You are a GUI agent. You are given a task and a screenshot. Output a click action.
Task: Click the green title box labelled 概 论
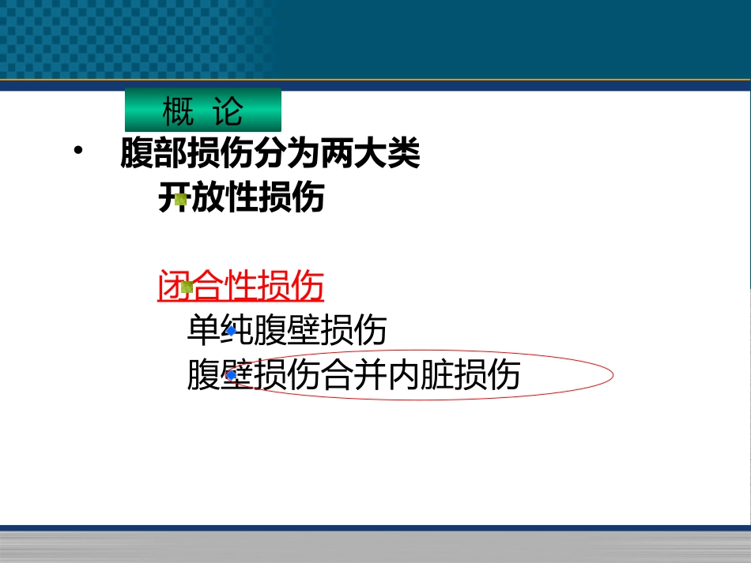pos(203,111)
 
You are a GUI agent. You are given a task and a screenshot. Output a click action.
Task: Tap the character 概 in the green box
pos(178,112)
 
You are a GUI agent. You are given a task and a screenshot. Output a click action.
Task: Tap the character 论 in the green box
pos(228,112)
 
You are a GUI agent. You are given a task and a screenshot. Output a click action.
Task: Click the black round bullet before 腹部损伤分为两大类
pos(77,152)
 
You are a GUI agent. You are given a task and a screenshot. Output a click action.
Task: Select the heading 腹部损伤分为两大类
pos(270,154)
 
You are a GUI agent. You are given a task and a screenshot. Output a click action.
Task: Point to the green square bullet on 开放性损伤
pos(181,200)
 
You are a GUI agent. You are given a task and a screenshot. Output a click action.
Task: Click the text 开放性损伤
pos(241,197)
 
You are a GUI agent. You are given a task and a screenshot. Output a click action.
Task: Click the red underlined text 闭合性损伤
pos(241,286)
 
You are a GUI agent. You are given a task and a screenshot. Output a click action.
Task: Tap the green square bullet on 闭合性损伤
pos(187,287)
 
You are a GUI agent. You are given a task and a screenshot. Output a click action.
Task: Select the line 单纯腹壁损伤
pos(286,330)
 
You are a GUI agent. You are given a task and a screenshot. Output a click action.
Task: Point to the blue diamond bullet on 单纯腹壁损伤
pos(231,331)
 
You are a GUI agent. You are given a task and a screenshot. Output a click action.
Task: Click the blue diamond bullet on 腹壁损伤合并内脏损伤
pos(231,375)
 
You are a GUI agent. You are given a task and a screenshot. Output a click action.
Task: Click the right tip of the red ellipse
pos(613,376)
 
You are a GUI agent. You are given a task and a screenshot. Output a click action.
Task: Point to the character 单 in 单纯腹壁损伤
pos(203,330)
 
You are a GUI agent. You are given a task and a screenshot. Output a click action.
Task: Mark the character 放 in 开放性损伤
pos(209,197)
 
